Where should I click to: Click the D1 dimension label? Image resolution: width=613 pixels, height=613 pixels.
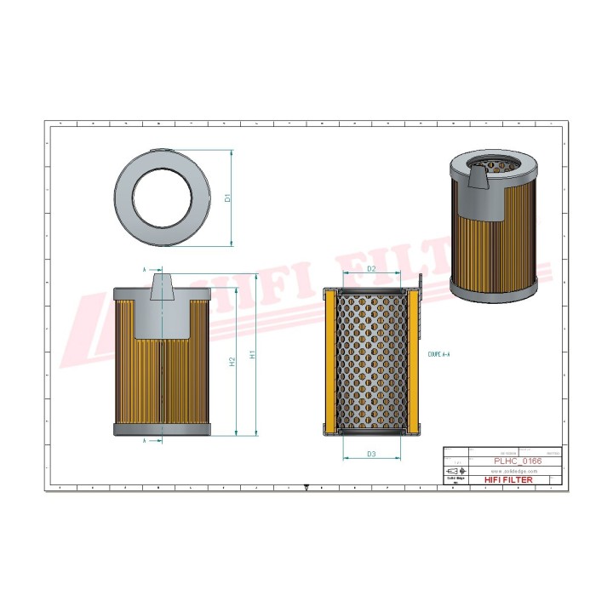pyautogui.click(x=227, y=198)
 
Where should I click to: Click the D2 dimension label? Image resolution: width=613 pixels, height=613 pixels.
pyautogui.click(x=371, y=269)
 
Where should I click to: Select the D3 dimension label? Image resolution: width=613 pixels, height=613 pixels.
pyautogui.click(x=371, y=454)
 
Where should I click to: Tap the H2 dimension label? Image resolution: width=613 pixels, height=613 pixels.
pyautogui.click(x=232, y=362)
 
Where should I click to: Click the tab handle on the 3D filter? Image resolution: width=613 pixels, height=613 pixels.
pyautogui.click(x=479, y=179)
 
